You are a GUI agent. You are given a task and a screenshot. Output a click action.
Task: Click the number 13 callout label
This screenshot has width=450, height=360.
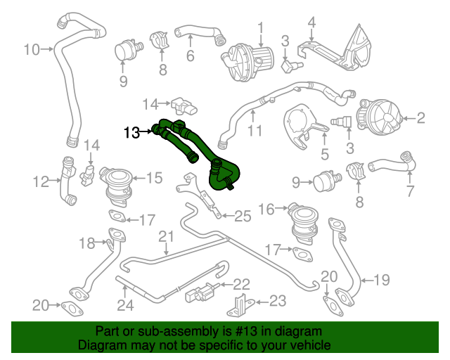tap(131, 131)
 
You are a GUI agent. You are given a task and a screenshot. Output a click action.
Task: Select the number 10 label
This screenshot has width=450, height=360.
tap(31, 49)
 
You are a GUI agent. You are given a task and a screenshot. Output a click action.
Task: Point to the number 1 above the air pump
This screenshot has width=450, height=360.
tap(259, 27)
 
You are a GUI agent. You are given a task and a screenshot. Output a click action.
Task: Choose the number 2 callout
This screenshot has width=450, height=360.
tap(420, 118)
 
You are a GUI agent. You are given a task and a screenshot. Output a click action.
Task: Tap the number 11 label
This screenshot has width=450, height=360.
tap(254, 131)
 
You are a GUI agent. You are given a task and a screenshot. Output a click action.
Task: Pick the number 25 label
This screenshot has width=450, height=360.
tap(242, 216)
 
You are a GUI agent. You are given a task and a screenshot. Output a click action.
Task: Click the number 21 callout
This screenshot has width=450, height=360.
tap(165, 236)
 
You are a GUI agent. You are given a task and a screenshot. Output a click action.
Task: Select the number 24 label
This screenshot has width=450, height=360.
tap(124, 305)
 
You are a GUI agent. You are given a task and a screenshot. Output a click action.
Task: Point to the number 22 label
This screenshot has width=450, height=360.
tap(241, 284)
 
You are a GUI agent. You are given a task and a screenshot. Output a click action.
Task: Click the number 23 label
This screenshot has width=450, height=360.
tap(278, 301)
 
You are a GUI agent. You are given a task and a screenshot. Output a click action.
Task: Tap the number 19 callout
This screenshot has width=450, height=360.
tap(380, 281)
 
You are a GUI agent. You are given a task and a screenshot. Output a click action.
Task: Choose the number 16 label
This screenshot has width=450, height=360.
tap(266, 209)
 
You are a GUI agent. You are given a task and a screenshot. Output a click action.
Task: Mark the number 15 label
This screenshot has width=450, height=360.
tap(154, 178)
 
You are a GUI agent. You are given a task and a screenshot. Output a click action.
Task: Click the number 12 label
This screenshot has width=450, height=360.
tap(40, 182)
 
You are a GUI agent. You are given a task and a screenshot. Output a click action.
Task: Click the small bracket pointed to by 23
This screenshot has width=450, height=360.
tap(240, 304)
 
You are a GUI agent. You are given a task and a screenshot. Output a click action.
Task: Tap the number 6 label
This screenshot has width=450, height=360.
tap(190, 56)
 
